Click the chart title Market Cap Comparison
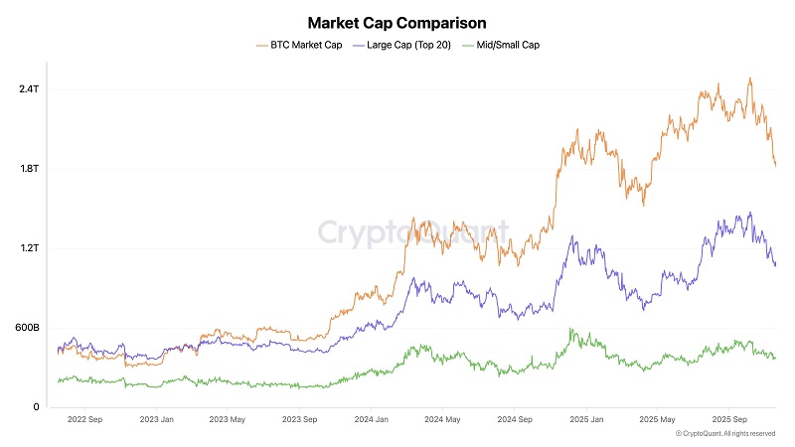click(x=397, y=23)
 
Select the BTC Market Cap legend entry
click(x=299, y=45)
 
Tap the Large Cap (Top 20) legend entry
click(x=402, y=45)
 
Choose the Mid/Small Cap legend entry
click(x=501, y=45)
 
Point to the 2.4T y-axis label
click(x=29, y=89)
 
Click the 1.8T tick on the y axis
click(x=30, y=169)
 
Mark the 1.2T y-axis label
click(x=30, y=248)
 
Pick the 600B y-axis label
click(x=28, y=328)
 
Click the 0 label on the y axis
click(x=36, y=407)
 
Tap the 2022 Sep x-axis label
click(x=84, y=419)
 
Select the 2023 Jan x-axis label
click(x=157, y=419)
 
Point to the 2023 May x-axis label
click(x=228, y=419)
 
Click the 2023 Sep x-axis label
click(x=300, y=419)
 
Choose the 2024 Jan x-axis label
click(x=371, y=419)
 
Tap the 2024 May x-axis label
click(x=442, y=419)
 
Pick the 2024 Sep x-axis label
click(x=515, y=419)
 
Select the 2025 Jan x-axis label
click(x=586, y=419)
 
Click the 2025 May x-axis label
click(x=657, y=419)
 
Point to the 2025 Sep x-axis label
click(x=729, y=419)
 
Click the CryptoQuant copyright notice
click(x=725, y=434)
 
